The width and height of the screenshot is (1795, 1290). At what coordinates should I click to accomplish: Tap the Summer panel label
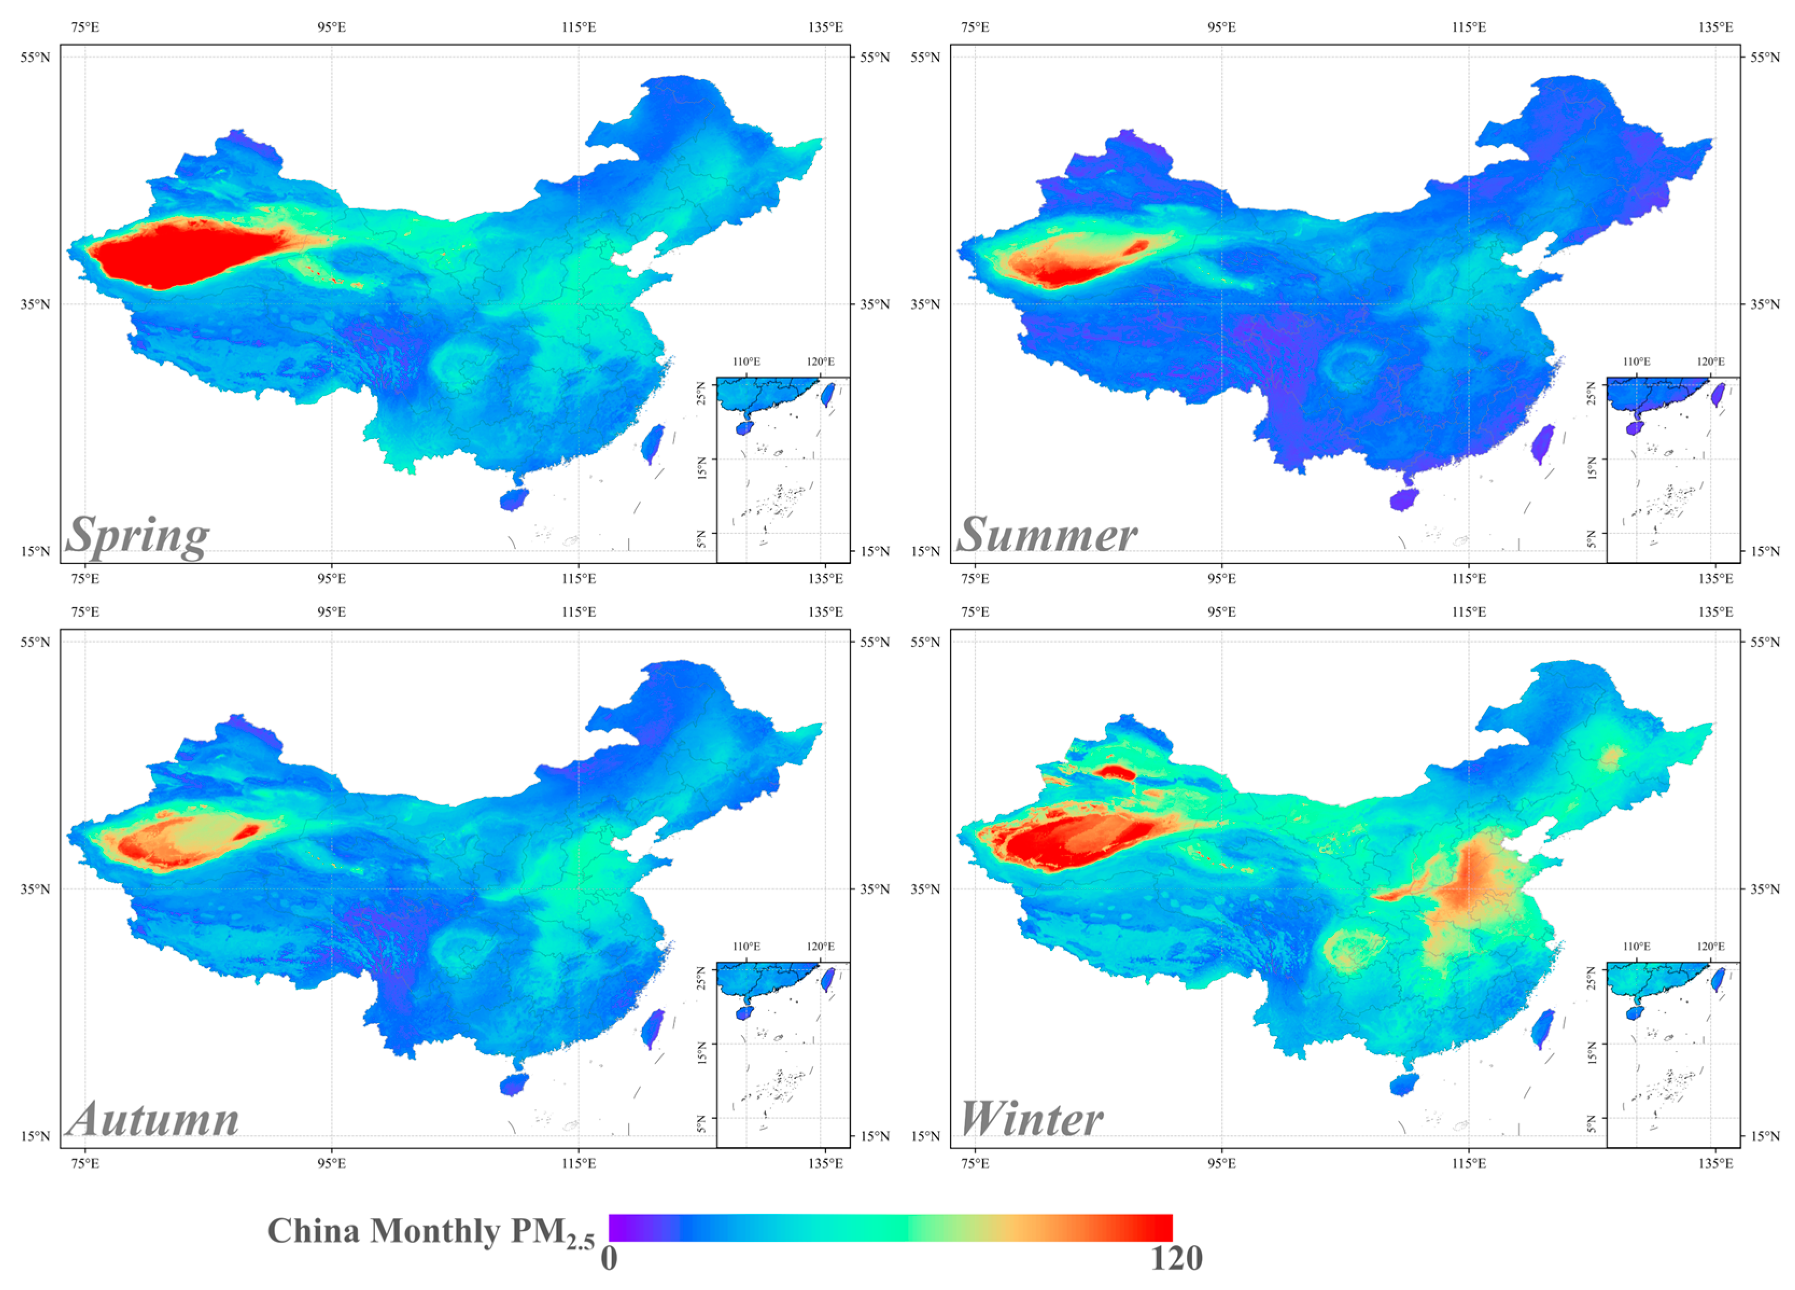1046,536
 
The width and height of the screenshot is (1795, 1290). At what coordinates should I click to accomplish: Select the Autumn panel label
153,1120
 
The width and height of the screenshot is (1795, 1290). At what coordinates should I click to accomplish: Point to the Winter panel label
1031,1120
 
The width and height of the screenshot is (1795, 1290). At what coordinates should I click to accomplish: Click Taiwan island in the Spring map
652,444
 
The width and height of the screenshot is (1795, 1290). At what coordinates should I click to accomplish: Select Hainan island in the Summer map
1404,500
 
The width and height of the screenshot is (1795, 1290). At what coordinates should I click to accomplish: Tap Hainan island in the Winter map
1404,1084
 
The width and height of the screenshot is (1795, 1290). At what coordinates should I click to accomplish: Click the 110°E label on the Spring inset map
747,362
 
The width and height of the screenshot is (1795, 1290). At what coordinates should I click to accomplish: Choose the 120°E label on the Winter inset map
1710,947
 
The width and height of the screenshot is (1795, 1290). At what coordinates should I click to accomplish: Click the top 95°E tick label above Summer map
1221,27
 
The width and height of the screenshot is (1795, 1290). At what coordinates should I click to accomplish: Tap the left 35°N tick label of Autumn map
35,889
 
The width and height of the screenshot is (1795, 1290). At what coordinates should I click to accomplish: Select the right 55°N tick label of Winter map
1765,642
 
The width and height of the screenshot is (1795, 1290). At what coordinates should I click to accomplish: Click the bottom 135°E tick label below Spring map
826,579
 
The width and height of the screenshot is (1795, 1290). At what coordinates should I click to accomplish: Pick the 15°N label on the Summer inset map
1593,469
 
